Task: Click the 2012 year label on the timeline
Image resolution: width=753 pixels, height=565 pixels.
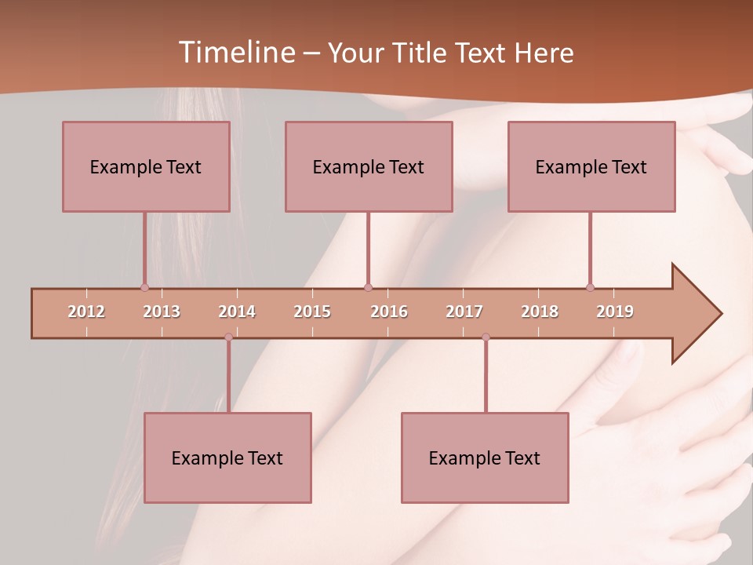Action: point(86,312)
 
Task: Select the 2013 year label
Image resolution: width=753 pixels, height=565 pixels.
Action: point(162,312)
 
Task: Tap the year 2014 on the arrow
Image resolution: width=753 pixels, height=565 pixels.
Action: point(237,312)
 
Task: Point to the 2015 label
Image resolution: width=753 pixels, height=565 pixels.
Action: point(312,312)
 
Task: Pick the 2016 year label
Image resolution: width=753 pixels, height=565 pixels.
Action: point(389,312)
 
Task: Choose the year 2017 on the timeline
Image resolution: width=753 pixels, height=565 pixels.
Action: point(464,312)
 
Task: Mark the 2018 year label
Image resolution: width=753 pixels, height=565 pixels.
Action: point(540,312)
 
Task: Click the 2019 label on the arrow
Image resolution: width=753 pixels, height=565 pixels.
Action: point(615,312)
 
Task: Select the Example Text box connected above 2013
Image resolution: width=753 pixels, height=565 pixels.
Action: point(146,166)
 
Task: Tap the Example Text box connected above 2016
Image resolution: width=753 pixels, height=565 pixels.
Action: point(369,166)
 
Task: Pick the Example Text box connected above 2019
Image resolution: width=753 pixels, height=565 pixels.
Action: point(591,166)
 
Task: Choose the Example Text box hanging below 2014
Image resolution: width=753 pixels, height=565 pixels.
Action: point(227,457)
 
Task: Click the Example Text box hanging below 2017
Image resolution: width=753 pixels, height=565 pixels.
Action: point(485,457)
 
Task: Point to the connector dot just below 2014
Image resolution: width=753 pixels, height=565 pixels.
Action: point(228,337)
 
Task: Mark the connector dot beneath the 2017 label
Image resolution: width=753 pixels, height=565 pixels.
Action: point(486,337)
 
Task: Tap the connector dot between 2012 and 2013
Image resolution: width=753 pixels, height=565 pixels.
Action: point(144,287)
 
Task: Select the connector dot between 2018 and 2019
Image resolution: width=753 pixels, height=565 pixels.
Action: point(590,287)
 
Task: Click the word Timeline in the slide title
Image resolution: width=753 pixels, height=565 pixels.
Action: point(235,53)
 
